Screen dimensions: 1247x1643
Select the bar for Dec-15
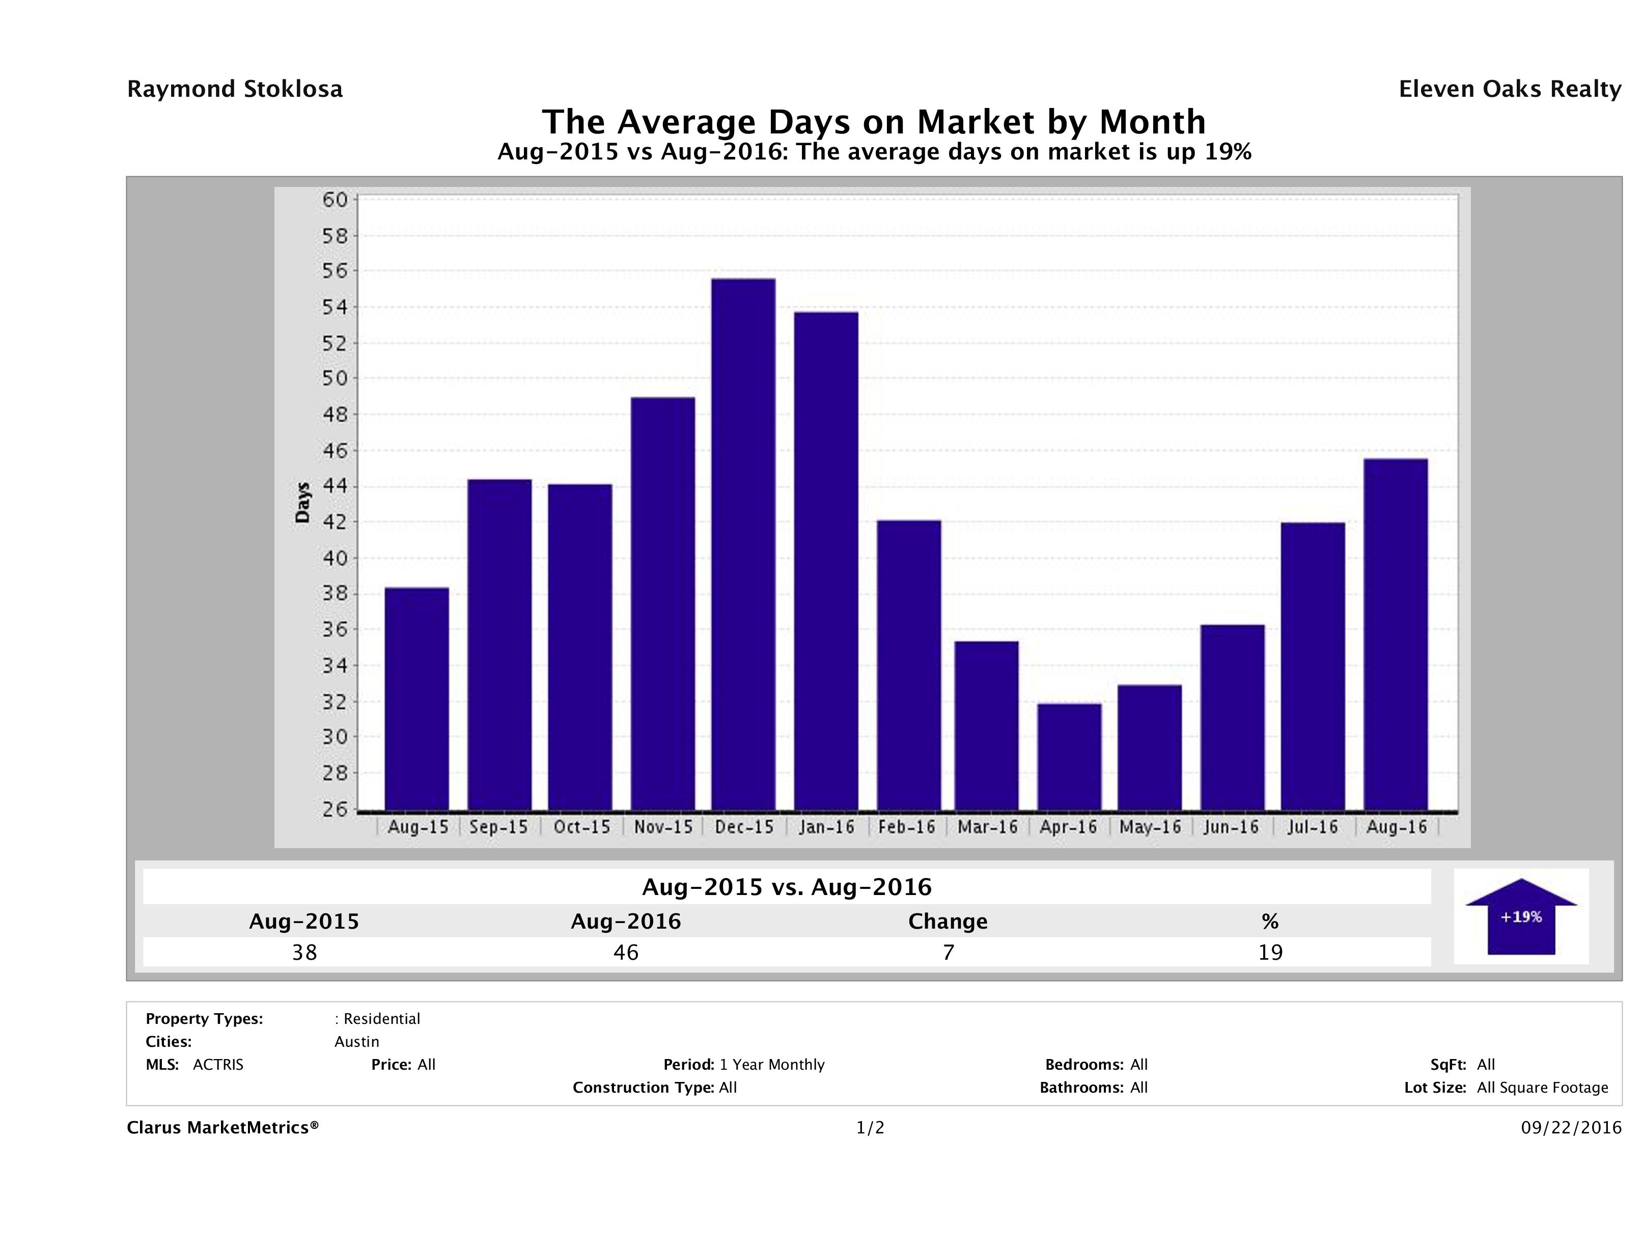743,544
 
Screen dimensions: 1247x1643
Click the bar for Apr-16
1070,756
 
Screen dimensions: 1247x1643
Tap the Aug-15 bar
416,698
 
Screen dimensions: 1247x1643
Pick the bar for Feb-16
908,665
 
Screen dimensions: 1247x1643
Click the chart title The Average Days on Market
874,122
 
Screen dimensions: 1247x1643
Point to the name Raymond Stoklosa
235,89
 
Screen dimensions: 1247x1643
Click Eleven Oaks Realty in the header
1509,89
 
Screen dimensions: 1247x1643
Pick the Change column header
948,921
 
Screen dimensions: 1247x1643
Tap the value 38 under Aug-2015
304,953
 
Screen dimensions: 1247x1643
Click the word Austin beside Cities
356,1042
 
